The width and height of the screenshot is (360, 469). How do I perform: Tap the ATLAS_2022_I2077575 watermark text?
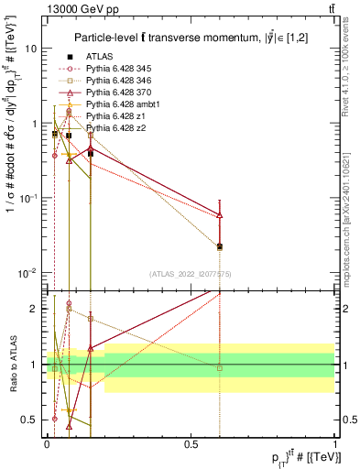[x=188, y=274]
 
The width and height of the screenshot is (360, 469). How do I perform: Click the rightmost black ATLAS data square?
[x=220, y=246]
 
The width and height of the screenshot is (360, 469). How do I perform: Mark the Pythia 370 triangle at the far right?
[x=220, y=216]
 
